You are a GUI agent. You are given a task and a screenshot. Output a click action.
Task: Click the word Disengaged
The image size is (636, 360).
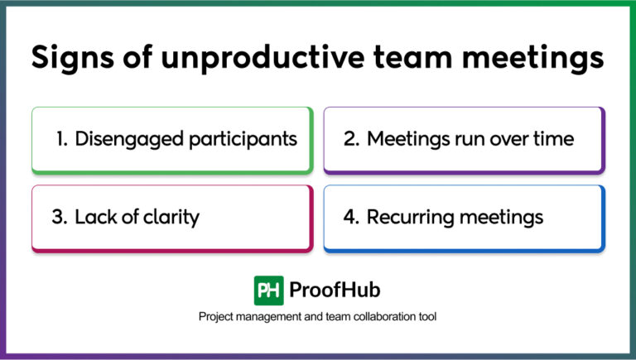pyautogui.click(x=122, y=139)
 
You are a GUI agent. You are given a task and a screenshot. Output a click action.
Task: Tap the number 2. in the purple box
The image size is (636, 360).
pyautogui.click(x=351, y=139)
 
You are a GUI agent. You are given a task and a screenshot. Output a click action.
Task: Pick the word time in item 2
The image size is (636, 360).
pyautogui.click(x=553, y=139)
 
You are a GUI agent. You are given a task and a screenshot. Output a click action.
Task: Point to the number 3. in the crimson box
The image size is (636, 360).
pyautogui.click(x=60, y=218)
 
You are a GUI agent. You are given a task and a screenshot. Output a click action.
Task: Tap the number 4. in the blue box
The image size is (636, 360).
pyautogui.click(x=351, y=218)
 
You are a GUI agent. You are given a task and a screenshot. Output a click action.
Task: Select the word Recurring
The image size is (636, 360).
pyautogui.click(x=407, y=218)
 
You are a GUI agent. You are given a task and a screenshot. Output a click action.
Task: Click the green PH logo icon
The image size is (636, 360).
pyautogui.click(x=268, y=290)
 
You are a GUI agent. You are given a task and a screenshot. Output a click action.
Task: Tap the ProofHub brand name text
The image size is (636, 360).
pyautogui.click(x=335, y=290)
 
